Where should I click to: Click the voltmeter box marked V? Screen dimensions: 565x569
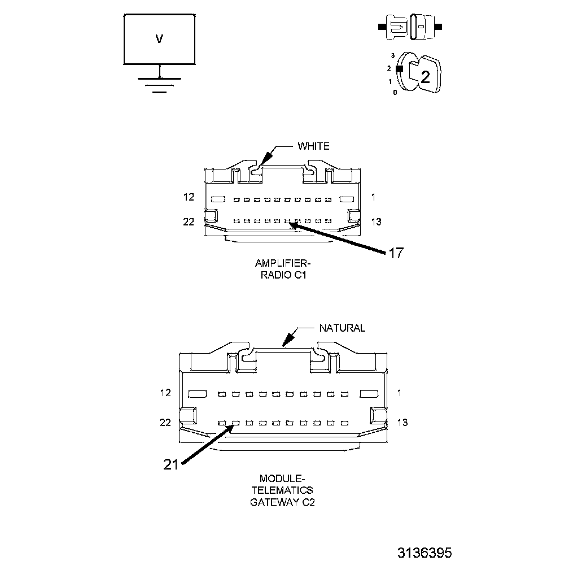pyautogui.click(x=160, y=39)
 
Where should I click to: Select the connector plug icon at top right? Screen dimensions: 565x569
pyautogui.click(x=410, y=27)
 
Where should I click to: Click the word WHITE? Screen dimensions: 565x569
pyautogui.click(x=313, y=146)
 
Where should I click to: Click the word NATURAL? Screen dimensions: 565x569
pyautogui.click(x=342, y=328)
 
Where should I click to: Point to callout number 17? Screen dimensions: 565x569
pyautogui.click(x=396, y=253)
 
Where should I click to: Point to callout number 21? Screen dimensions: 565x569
pyautogui.click(x=171, y=464)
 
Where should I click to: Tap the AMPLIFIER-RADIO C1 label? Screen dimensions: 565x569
pyautogui.click(x=283, y=269)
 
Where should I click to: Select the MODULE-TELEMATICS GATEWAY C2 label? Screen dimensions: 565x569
pyautogui.click(x=282, y=490)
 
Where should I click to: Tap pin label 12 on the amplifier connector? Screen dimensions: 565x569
pyautogui.click(x=189, y=197)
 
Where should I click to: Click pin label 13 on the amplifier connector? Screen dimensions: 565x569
pyautogui.click(x=376, y=222)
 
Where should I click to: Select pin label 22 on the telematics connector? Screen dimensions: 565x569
pyautogui.click(x=165, y=423)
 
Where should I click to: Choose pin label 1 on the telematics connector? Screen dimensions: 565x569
pyautogui.click(x=399, y=393)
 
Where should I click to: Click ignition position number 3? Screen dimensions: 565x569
pyautogui.click(x=392, y=56)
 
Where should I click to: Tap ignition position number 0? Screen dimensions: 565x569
pyautogui.click(x=395, y=92)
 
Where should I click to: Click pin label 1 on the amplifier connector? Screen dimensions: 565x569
pyautogui.click(x=374, y=197)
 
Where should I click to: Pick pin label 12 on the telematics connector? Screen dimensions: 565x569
pyautogui.click(x=165, y=393)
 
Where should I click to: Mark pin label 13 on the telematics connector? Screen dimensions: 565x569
pyautogui.click(x=402, y=423)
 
